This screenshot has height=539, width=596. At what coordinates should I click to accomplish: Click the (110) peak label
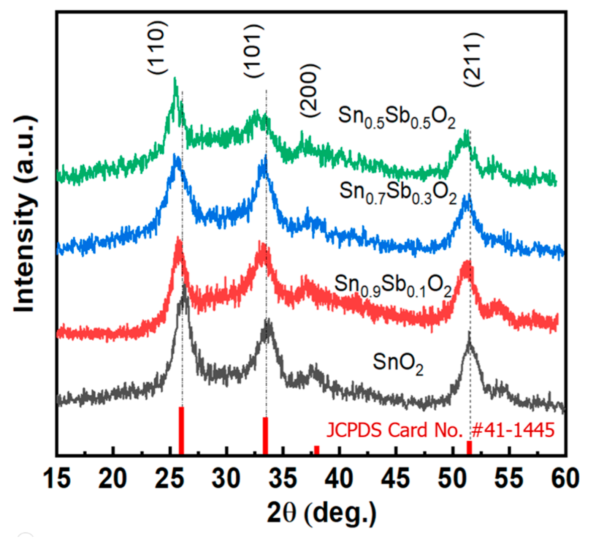157,47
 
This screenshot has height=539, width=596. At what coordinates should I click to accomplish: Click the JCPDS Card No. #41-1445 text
440,430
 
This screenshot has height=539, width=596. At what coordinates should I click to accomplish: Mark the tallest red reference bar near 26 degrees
181,431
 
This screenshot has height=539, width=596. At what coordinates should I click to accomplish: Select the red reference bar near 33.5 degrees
265,436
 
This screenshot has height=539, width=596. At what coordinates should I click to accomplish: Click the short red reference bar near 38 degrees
317,450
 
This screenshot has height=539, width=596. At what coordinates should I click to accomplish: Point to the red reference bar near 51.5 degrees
469,448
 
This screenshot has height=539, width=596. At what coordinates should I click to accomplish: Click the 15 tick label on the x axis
57,478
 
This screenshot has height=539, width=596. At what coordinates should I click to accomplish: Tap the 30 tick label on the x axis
227,478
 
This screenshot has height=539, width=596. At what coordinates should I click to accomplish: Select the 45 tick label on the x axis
396,478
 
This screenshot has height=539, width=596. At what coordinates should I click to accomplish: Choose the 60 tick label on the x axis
565,478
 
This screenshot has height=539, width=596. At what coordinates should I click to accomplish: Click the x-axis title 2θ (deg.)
321,513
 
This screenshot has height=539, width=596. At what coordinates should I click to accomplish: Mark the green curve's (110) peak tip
175,79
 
